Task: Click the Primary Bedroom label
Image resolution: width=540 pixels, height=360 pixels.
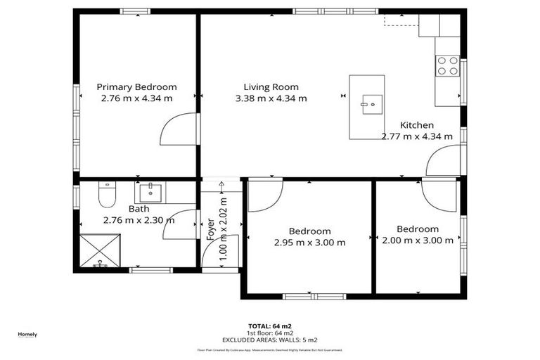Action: (136, 86)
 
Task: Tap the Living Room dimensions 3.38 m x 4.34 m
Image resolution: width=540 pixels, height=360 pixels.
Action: (271, 98)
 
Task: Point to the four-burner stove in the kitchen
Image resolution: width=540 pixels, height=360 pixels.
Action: (447, 65)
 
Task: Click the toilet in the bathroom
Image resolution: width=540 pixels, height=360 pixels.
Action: (106, 195)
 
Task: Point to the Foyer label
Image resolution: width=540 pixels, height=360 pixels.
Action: (211, 229)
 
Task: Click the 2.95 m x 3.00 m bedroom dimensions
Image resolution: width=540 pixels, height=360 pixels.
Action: (310, 243)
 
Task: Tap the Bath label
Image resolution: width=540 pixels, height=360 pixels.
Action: (139, 209)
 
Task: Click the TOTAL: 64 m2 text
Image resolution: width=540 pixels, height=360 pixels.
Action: (270, 326)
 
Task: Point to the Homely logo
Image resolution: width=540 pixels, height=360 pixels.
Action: (27, 334)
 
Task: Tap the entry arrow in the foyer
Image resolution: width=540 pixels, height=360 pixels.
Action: (221, 188)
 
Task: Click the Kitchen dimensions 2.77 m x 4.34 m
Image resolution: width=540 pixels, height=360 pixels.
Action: (416, 136)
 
